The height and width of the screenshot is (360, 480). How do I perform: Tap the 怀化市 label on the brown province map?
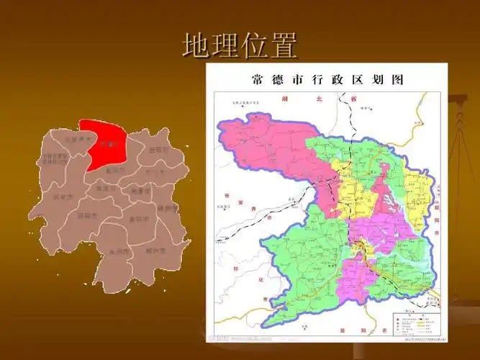(x=63, y=196)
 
